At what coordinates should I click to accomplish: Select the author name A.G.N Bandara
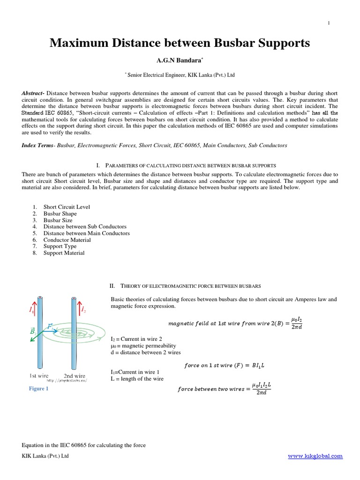click(180, 60)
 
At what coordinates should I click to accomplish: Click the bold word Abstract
click(33, 94)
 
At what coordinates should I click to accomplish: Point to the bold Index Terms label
click(38, 146)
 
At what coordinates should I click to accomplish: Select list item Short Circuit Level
click(67, 207)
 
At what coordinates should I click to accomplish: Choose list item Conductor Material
click(67, 240)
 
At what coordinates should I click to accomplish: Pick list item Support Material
click(64, 253)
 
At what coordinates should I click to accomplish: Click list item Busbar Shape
click(60, 213)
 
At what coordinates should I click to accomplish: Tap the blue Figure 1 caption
click(38, 389)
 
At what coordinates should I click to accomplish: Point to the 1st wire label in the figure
click(40, 375)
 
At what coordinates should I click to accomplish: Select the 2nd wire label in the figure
click(75, 375)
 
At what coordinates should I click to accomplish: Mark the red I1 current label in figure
click(31, 310)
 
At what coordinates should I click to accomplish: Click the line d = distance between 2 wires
click(145, 352)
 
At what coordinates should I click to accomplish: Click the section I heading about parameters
click(186, 165)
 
